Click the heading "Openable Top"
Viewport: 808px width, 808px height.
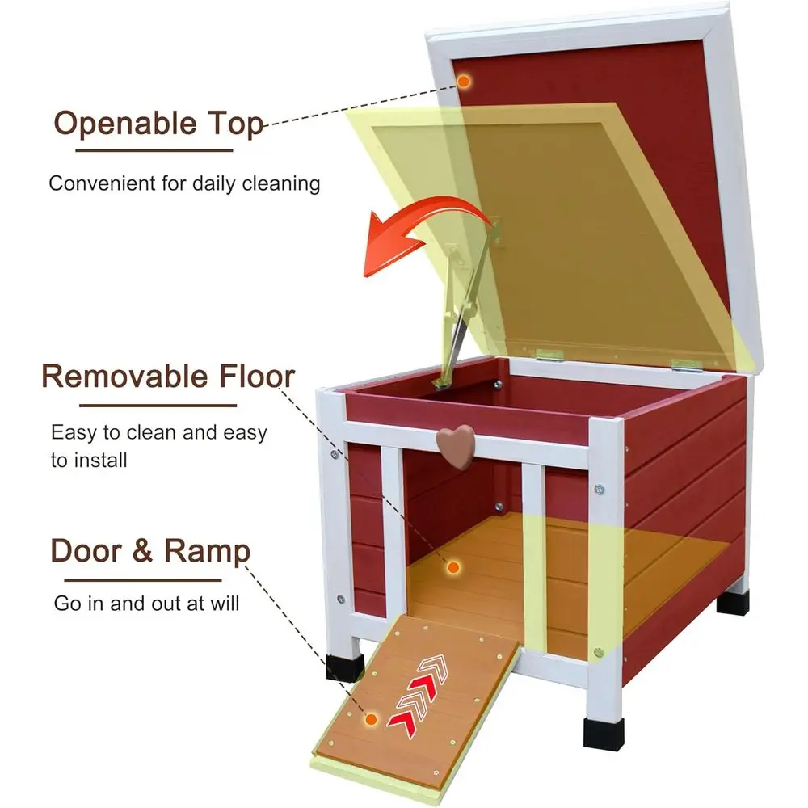pyautogui.click(x=158, y=124)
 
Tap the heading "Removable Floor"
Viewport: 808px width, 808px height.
pyautogui.click(x=168, y=376)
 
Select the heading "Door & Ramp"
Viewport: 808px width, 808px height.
pyautogui.click(x=150, y=551)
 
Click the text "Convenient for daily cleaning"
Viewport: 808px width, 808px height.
pyautogui.click(x=184, y=183)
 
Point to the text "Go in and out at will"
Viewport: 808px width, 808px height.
pyautogui.click(x=146, y=603)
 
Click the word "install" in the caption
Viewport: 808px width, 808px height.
pyautogui.click(x=100, y=461)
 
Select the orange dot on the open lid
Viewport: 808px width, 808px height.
pyautogui.click(x=464, y=81)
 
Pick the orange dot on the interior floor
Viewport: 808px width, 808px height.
pyautogui.click(x=453, y=568)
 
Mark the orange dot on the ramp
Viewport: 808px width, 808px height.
pyautogui.click(x=371, y=718)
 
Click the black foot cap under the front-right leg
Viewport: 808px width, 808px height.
pyautogui.click(x=603, y=731)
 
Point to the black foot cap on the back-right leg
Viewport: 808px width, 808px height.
pyautogui.click(x=733, y=602)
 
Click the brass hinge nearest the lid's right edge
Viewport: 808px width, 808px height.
pyautogui.click(x=684, y=364)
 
